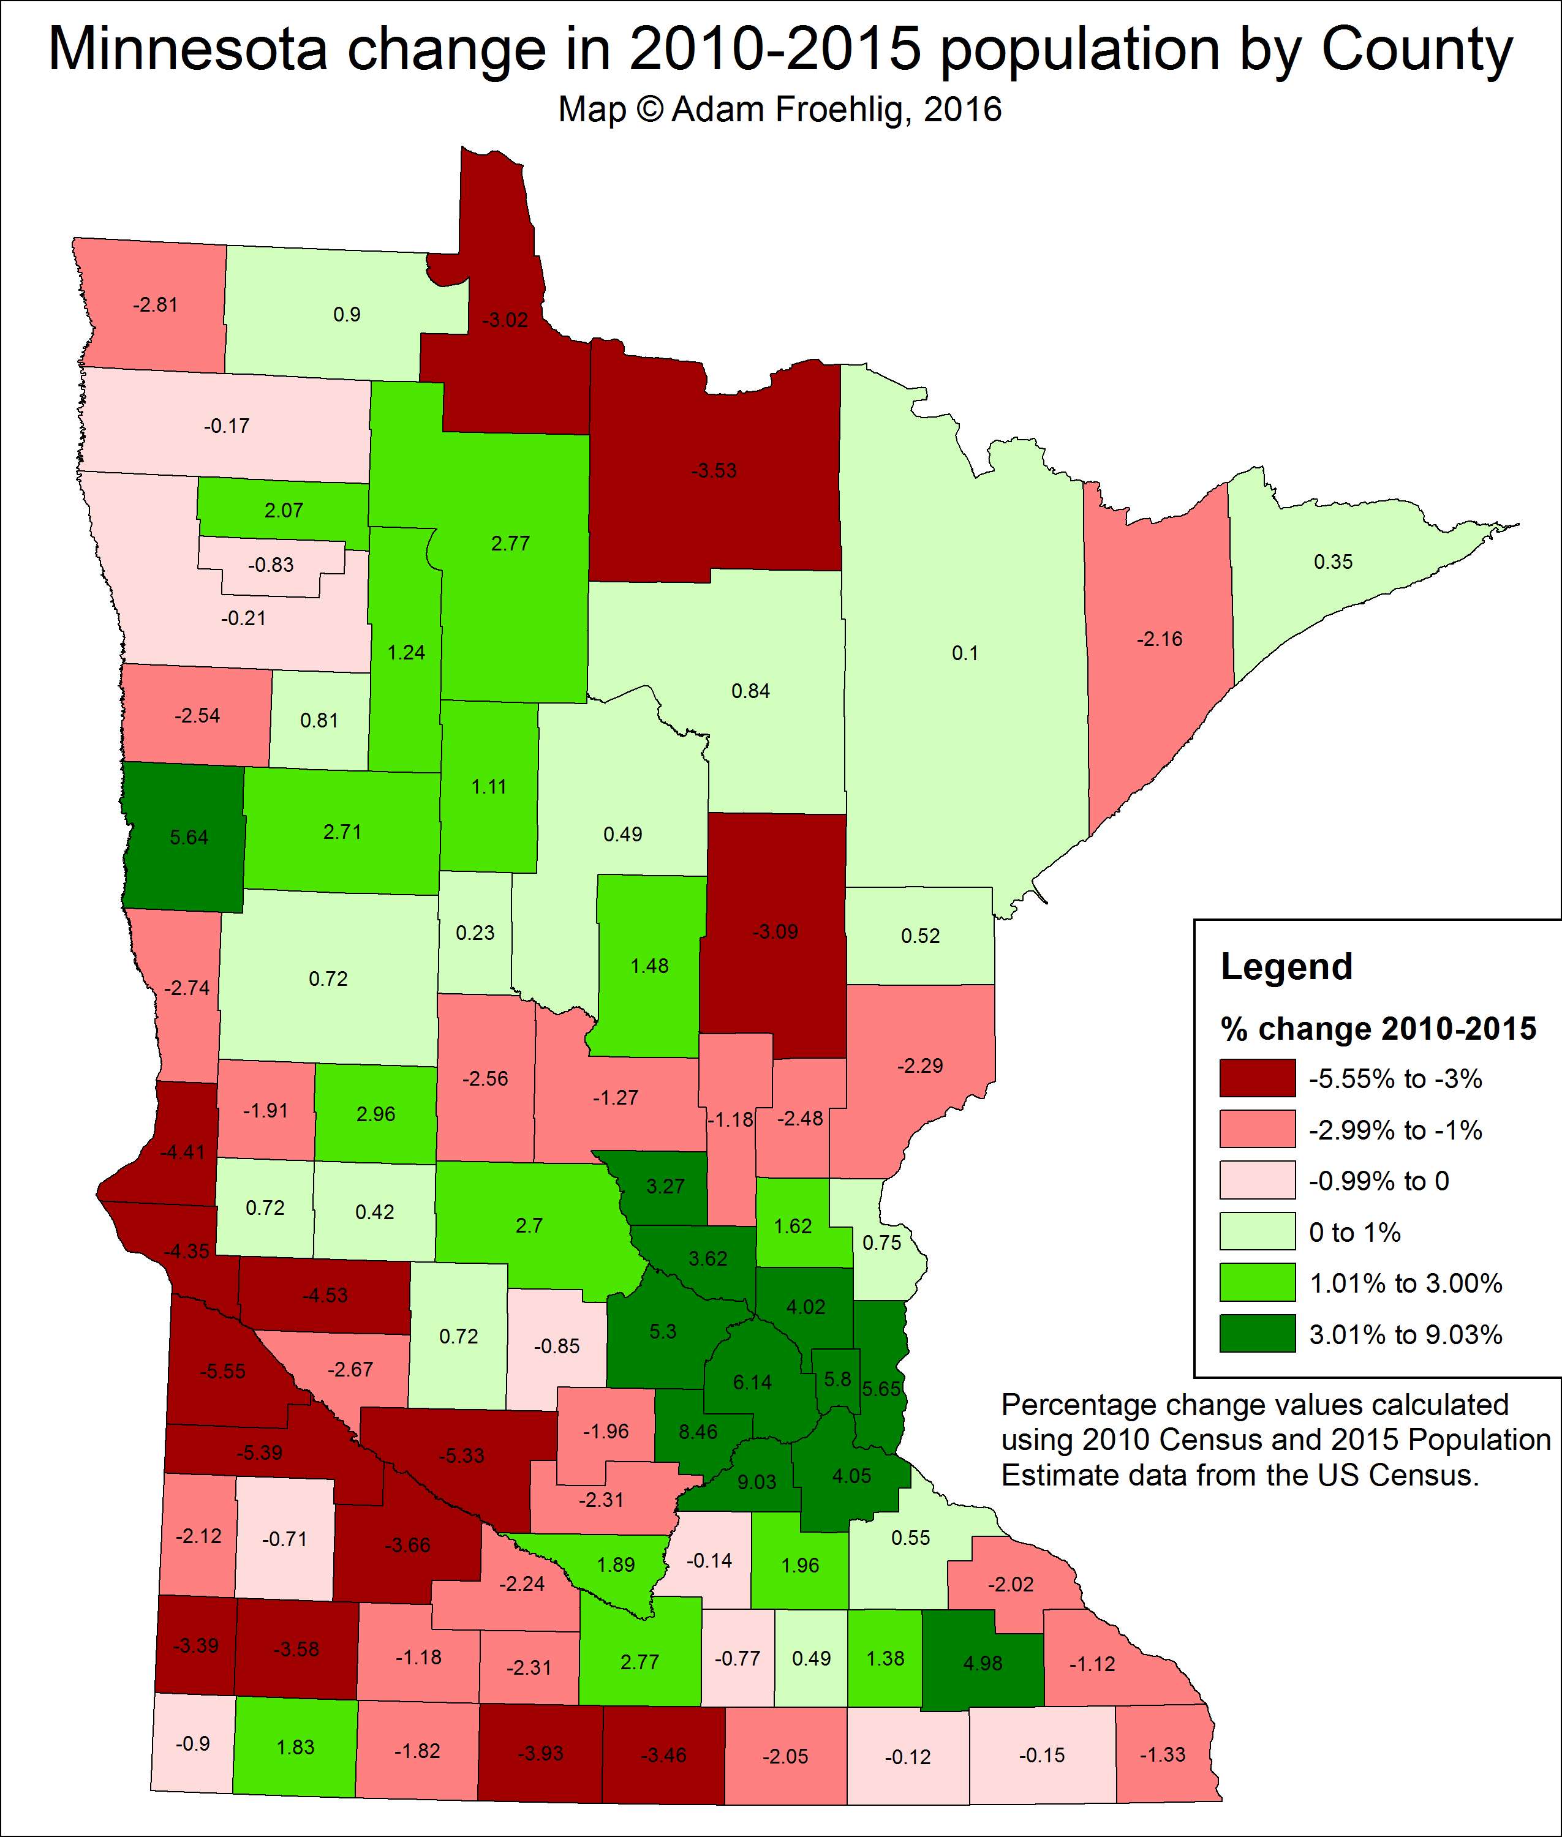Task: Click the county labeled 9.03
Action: [x=756, y=1482]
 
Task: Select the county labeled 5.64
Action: [x=189, y=838]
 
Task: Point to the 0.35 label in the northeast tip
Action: [x=1333, y=562]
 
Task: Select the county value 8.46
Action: [x=698, y=1432]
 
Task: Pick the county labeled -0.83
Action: [x=271, y=565]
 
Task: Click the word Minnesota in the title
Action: [x=187, y=50]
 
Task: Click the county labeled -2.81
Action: [x=155, y=304]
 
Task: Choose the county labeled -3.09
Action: [x=775, y=931]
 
